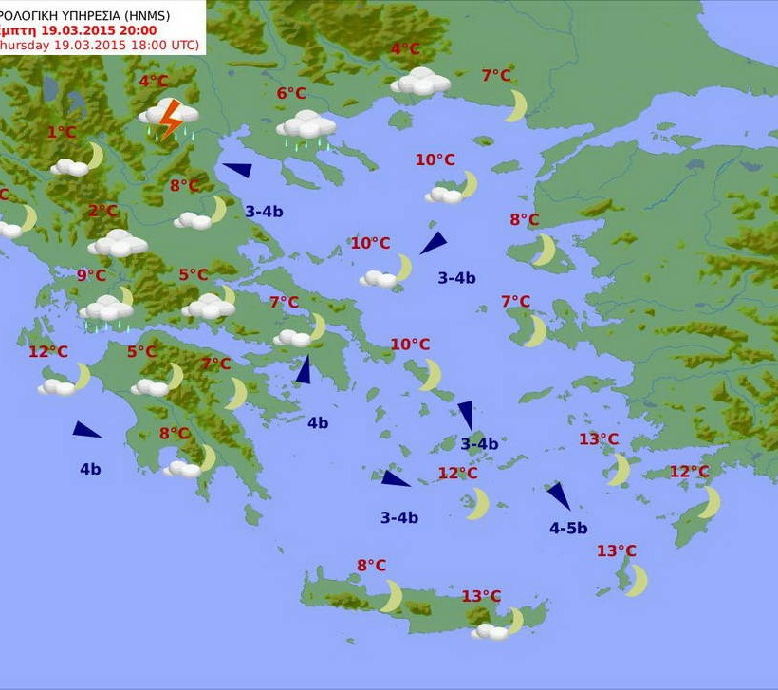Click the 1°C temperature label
62,133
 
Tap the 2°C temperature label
102,211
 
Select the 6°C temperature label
291,93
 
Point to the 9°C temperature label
92,275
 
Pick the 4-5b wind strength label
568,529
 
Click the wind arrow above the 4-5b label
558,495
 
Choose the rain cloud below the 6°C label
306,126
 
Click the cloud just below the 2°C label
118,244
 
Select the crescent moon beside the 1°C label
93,155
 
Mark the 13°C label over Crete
481,596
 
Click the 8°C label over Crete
371,566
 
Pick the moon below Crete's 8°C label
392,596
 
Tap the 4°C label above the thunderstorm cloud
154,81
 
